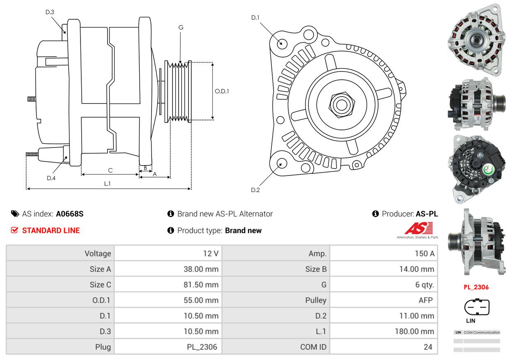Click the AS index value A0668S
pyautogui.click(x=70, y=214)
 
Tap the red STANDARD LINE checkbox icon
pyautogui.click(x=14, y=231)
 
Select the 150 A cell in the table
pyautogui.click(x=425, y=254)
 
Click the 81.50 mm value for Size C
pyautogui.click(x=201, y=285)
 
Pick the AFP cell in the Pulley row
pyautogui.click(x=425, y=300)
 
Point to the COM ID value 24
pyautogui.click(x=428, y=347)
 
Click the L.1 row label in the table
pyautogui.click(x=321, y=332)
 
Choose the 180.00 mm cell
pyautogui.click(x=414, y=332)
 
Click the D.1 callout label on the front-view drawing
pyautogui.click(x=255, y=18)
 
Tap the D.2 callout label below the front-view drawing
pyautogui.click(x=255, y=190)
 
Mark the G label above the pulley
pyautogui.click(x=181, y=28)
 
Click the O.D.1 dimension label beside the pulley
pyautogui.click(x=222, y=91)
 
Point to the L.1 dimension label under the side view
pyautogui.click(x=107, y=184)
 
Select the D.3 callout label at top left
pyautogui.click(x=50, y=12)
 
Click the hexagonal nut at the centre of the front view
pyautogui.click(x=342, y=105)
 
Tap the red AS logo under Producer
pyautogui.click(x=418, y=228)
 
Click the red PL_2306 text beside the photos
pyautogui.click(x=476, y=287)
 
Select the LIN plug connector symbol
pyautogui.click(x=476, y=307)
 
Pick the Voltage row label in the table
pyautogui.click(x=98, y=254)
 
